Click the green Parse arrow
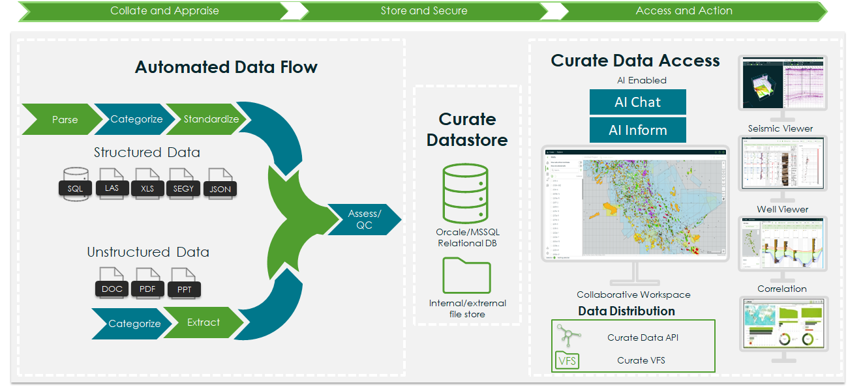64,119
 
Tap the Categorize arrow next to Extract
134,324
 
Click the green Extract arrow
204,322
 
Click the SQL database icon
75,184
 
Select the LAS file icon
112,184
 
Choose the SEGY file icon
182,184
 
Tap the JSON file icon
220,184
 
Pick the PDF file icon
147,284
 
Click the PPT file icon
185,285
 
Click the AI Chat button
637,102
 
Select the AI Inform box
637,130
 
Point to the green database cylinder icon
464,193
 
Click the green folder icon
466,275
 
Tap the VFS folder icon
568,360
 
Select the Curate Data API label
643,337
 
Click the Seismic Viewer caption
780,128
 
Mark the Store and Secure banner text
424,11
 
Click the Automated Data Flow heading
226,67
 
